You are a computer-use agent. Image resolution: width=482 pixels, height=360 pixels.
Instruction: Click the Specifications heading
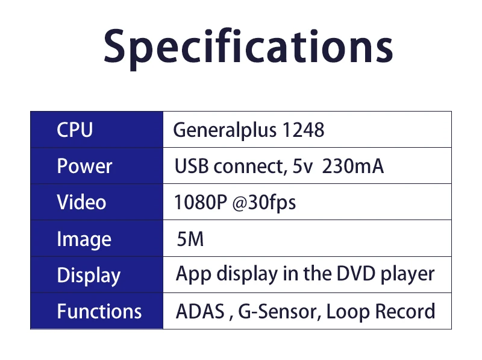pyautogui.click(x=248, y=47)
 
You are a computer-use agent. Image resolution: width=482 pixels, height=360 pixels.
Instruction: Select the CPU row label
pyautogui.click(x=75, y=130)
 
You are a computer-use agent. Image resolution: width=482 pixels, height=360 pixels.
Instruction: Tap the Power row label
pyautogui.click(x=84, y=166)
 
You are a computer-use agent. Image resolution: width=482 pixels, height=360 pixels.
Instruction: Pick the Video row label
pyautogui.click(x=81, y=202)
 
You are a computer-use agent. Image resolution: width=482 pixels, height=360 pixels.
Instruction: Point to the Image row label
pyautogui.click(x=84, y=239)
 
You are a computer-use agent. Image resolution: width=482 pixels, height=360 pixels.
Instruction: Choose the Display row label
pyautogui.click(x=89, y=276)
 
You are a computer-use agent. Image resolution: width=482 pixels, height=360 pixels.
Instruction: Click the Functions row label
pyautogui.click(x=99, y=311)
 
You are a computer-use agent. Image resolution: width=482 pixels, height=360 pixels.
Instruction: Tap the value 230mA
pyautogui.click(x=353, y=166)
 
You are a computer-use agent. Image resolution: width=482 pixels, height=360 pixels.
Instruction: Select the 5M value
pyautogui.click(x=190, y=239)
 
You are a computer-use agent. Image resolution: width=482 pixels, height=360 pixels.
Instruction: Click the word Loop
pyautogui.click(x=348, y=312)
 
